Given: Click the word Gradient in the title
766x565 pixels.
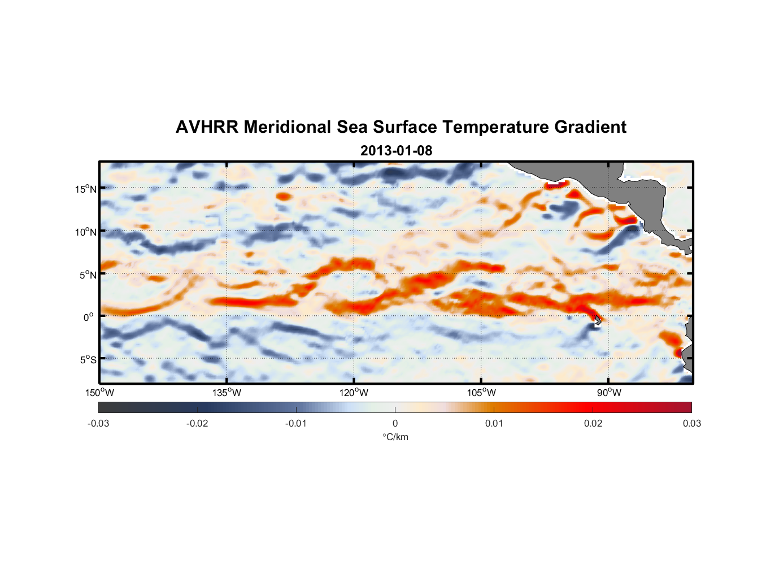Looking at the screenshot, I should pyautogui.click(x=590, y=127).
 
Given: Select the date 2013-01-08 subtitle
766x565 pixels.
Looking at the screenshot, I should pyautogui.click(x=396, y=151).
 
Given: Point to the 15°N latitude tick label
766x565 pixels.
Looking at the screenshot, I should pyautogui.click(x=86, y=189).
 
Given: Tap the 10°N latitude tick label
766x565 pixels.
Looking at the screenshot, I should pyautogui.click(x=86, y=232).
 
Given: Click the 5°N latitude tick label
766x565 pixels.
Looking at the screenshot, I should pyautogui.click(x=88, y=275).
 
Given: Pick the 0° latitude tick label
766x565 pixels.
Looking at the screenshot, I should pyautogui.click(x=89, y=317).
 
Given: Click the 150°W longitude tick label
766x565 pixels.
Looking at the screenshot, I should pyautogui.click(x=99, y=393).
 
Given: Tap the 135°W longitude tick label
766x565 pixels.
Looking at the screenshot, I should pyautogui.click(x=227, y=393).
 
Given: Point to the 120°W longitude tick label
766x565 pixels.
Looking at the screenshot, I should pyautogui.click(x=354, y=393).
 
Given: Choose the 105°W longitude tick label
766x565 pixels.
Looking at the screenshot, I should pyautogui.click(x=481, y=393).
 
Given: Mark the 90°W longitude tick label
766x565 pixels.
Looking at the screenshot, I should pyautogui.click(x=609, y=393).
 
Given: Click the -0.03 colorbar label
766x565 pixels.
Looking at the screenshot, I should pyautogui.click(x=98, y=423).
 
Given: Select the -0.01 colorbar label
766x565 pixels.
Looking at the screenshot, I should pyautogui.click(x=296, y=423).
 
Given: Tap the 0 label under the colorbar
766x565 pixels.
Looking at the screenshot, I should pyautogui.click(x=395, y=423).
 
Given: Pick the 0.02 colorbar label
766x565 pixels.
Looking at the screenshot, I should pyautogui.click(x=593, y=423).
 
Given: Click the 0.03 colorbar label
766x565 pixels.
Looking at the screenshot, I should pyautogui.click(x=691, y=423).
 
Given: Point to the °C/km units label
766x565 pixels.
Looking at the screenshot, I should pyautogui.click(x=395, y=437).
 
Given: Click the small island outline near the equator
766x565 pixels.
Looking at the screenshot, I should pyautogui.click(x=598, y=320).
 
